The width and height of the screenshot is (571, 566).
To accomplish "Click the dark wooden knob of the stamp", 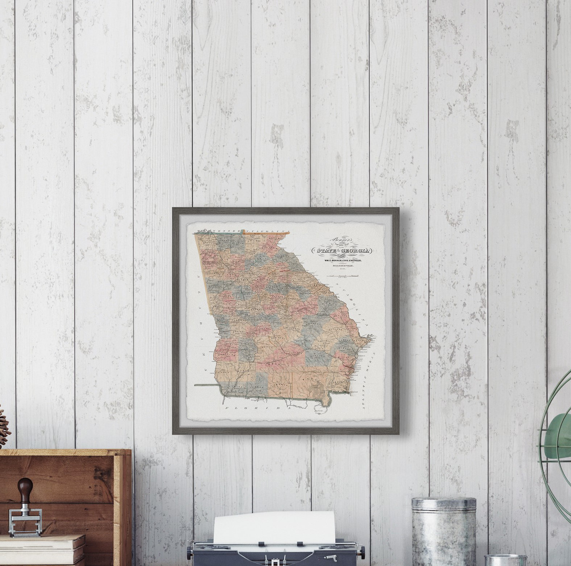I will [25, 485].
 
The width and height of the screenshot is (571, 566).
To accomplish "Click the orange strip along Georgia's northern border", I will [266, 233].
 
